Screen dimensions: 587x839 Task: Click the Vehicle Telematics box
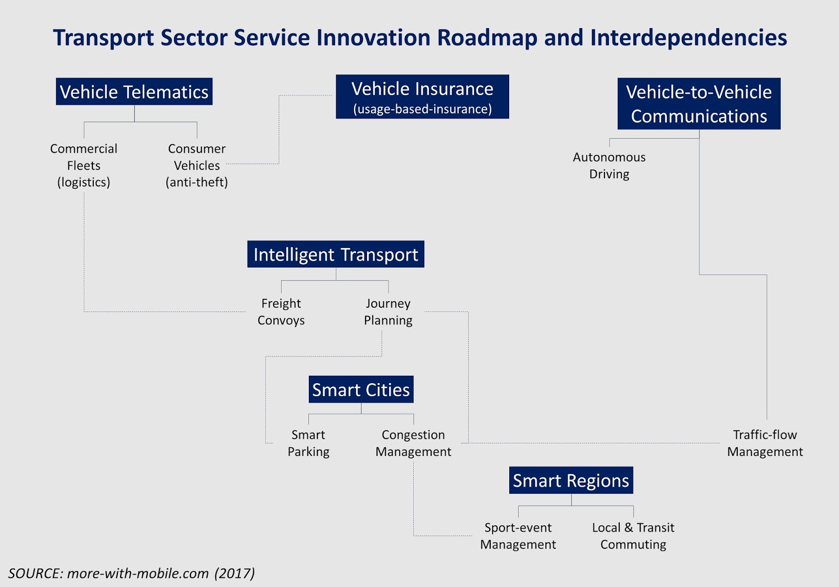click(x=134, y=92)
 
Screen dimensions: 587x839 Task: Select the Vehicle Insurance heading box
click(x=422, y=90)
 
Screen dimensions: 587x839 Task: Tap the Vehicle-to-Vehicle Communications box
click(x=698, y=104)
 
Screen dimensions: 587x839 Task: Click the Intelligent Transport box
click(x=336, y=254)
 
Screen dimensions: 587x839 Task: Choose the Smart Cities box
click(x=361, y=389)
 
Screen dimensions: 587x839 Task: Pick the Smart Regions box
click(x=571, y=480)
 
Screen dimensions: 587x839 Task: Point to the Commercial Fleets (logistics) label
click(x=84, y=165)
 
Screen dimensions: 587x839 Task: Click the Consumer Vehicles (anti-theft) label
click(x=197, y=165)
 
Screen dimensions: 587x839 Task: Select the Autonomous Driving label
click(x=609, y=165)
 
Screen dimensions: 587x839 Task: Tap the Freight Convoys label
click(x=281, y=312)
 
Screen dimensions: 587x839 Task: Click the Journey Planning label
click(x=388, y=312)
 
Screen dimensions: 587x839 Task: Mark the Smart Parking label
click(x=308, y=443)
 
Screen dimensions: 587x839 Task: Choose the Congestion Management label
click(x=413, y=443)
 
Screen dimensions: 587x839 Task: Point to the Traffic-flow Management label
click(x=765, y=443)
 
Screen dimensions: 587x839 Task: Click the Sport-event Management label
click(x=518, y=536)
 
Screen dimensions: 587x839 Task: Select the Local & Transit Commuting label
click(x=633, y=536)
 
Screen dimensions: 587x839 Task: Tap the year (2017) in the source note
click(x=234, y=573)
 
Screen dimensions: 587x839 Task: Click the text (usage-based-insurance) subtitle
click(x=422, y=109)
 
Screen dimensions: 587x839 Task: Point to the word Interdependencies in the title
click(x=689, y=38)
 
